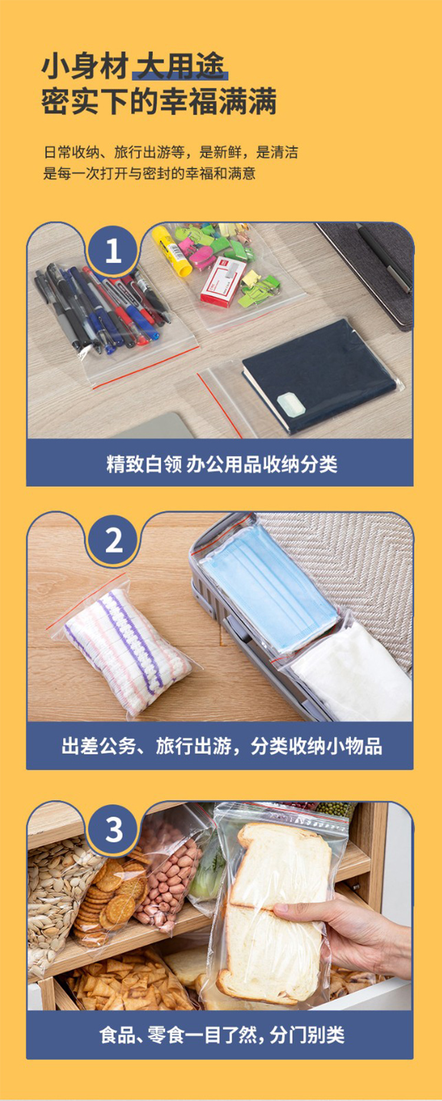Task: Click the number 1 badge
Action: (113, 251)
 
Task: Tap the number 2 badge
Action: (113, 540)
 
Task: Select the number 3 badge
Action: (113, 829)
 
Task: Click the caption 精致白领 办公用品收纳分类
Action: (222, 464)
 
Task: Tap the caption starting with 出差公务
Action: (222, 746)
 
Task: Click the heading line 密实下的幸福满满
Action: (159, 102)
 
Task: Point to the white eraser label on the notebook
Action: (290, 405)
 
